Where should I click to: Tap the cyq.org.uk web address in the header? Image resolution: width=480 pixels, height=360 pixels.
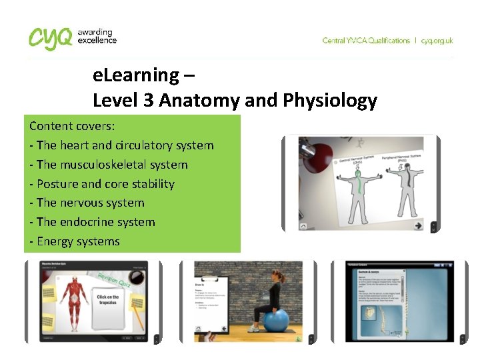pyautogui.click(x=437, y=41)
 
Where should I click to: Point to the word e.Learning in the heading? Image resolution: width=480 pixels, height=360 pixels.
pyautogui.click(x=136, y=75)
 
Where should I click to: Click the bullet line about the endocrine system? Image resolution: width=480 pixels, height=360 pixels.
pyautogui.click(x=96, y=222)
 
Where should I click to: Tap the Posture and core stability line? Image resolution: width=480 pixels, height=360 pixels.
pyautogui.click(x=102, y=184)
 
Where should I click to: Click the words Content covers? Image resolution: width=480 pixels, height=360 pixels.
pyautogui.click(x=72, y=126)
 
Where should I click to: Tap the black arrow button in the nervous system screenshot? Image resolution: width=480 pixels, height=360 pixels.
pyautogui.click(x=418, y=226)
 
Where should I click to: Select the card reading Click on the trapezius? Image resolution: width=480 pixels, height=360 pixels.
pyautogui.click(x=108, y=300)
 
